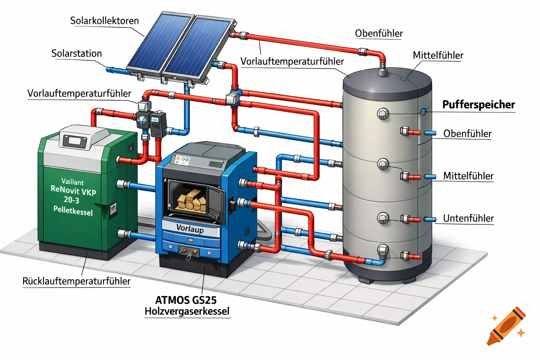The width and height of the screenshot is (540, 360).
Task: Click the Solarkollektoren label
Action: tap(104, 21)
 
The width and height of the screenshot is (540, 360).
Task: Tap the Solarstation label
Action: tap(77, 53)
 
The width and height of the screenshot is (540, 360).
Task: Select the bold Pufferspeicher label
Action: tap(478, 104)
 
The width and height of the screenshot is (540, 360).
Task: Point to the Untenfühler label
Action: tap(468, 218)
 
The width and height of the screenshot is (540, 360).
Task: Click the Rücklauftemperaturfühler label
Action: tap(76, 281)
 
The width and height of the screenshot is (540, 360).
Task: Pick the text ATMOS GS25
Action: tap(186, 300)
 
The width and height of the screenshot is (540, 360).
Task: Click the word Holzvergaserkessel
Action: tap(187, 311)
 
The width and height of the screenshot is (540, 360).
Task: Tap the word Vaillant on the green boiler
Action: tap(72, 182)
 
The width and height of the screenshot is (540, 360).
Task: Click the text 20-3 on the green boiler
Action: tap(71, 200)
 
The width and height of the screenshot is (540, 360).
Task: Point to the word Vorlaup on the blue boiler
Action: tap(190, 229)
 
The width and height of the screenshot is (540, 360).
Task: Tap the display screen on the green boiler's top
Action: tap(75, 141)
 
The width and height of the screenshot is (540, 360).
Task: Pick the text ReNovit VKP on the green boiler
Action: tap(73, 191)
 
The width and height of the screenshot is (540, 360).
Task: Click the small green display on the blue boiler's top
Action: tap(216, 163)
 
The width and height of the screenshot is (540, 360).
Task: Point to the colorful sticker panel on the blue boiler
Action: tap(182, 161)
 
